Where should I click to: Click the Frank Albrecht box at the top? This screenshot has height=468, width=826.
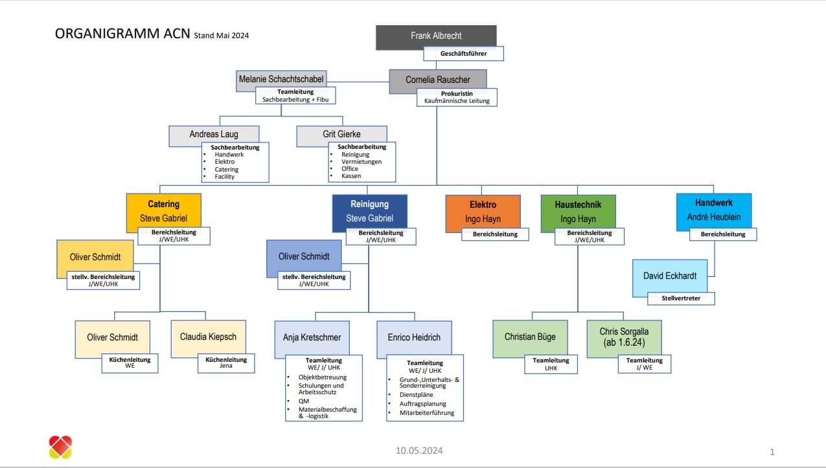436,36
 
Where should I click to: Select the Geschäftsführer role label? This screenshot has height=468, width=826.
463,53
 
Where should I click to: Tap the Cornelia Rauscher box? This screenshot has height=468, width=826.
437,80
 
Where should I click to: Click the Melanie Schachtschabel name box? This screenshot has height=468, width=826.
281,79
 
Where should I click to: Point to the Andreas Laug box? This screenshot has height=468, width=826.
214,135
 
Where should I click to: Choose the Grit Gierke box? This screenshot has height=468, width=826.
341,135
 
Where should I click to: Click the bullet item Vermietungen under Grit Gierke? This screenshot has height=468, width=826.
361,162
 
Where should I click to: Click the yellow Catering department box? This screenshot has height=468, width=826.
163,211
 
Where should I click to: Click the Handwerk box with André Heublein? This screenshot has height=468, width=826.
713,210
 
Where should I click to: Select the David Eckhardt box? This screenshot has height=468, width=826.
669,276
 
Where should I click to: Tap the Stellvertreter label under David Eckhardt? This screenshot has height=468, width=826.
681,298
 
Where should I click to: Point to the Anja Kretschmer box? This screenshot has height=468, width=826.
312,338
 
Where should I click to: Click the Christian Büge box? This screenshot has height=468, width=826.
529,337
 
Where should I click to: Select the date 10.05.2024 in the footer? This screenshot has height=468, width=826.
420,451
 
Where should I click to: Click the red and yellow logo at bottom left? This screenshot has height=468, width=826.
60,447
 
